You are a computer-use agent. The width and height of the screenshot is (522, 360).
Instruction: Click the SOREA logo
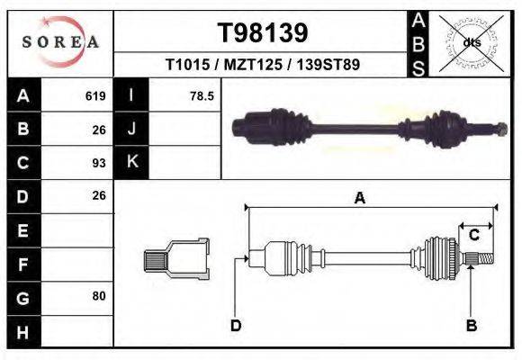coord(60,42)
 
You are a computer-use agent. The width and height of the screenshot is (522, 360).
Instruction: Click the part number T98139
coord(263,33)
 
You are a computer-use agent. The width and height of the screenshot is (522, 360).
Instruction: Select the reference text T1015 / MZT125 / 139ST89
coord(263,66)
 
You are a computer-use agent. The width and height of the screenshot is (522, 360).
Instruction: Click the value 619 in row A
coord(95,96)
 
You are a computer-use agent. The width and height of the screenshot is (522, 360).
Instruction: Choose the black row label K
coord(131,163)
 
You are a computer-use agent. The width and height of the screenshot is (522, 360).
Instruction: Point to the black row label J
coord(131,130)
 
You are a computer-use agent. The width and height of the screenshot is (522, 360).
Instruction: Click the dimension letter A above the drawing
coord(359,199)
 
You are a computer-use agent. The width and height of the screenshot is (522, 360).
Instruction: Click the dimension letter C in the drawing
coord(473,236)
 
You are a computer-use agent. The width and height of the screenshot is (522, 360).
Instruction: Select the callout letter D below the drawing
coord(236,325)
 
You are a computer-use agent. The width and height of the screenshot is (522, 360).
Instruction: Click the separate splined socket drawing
coord(177,261)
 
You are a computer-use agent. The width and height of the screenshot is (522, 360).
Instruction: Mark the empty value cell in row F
coord(79,264)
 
